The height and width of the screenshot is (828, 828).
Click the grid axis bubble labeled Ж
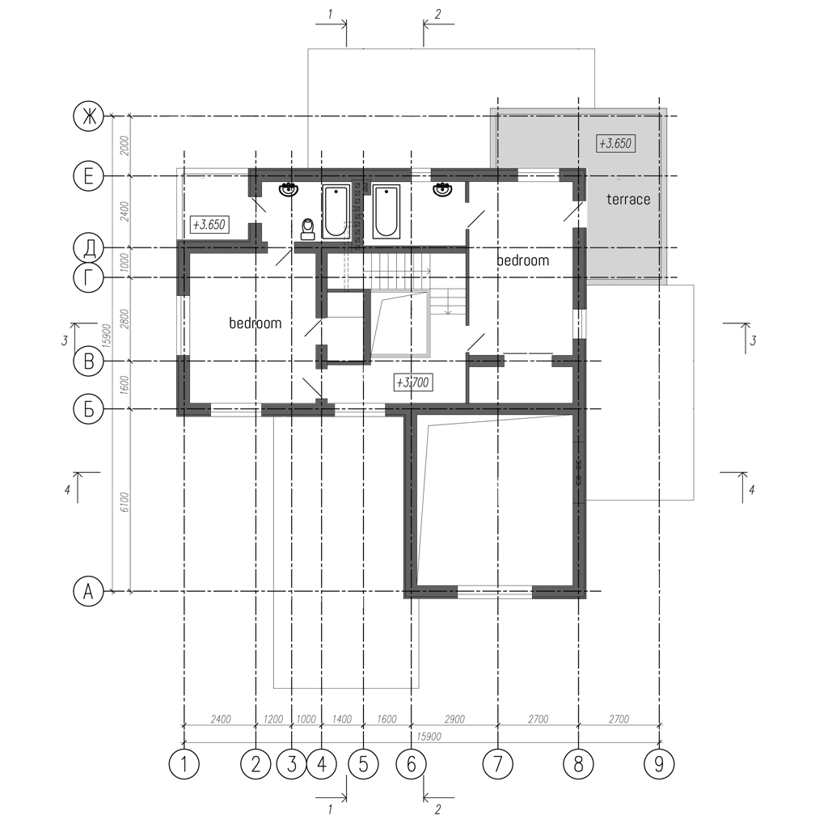[88, 116]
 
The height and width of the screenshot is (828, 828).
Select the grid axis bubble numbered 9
[659, 763]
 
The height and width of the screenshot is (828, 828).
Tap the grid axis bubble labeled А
[88, 591]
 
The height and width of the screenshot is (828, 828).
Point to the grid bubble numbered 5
[363, 763]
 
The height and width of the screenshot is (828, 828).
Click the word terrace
[628, 199]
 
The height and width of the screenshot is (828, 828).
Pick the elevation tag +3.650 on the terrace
[615, 143]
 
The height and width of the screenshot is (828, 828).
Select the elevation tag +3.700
[414, 382]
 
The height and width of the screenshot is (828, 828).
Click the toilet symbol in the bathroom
[307, 229]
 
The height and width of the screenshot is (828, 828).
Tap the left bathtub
[336, 211]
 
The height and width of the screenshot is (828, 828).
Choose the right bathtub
[386, 211]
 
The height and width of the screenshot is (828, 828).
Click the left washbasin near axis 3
[289, 188]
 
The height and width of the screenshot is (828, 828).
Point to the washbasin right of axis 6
[442, 188]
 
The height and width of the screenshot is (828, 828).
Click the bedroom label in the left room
[255, 323]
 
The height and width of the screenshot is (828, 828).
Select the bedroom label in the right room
[523, 260]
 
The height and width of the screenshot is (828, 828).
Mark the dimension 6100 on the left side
[125, 501]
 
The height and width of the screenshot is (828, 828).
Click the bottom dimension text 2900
[454, 719]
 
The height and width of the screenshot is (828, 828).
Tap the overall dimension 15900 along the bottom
[429, 737]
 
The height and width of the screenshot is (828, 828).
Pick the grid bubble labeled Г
[88, 278]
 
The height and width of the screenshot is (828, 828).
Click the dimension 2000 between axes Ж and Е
[125, 146]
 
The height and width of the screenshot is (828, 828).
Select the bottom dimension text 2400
[221, 719]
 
